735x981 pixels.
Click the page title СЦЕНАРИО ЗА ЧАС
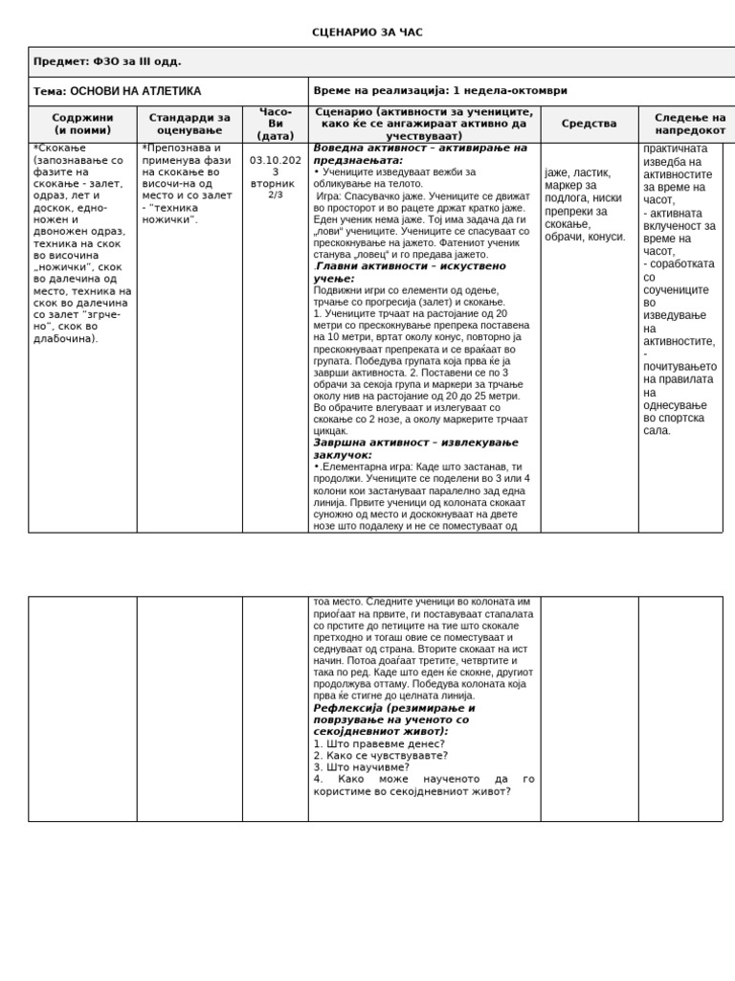click(x=367, y=33)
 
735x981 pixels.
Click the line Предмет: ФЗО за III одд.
click(x=107, y=61)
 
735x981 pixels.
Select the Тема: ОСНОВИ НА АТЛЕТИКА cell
click(x=118, y=91)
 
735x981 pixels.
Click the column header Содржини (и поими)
click(x=82, y=124)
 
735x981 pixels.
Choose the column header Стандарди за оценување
click(x=189, y=124)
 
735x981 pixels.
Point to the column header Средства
click(x=589, y=124)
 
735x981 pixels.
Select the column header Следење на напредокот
click(x=690, y=124)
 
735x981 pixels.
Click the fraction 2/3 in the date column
click(x=276, y=194)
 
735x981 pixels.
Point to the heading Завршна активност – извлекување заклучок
click(x=416, y=448)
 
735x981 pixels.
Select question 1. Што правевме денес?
click(x=379, y=743)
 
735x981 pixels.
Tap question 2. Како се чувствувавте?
click(x=381, y=755)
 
